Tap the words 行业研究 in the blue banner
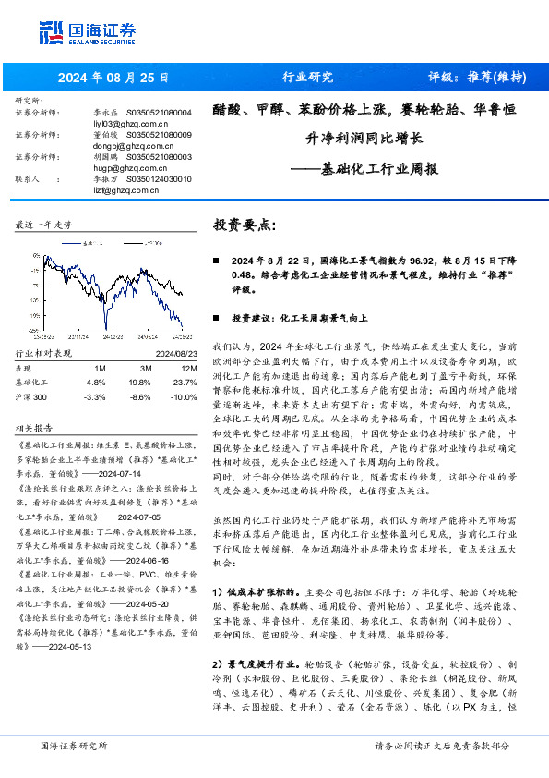pos(307,78)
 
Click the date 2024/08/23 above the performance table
pos(176,353)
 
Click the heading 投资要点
pos(244,225)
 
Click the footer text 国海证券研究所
pos(74,746)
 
